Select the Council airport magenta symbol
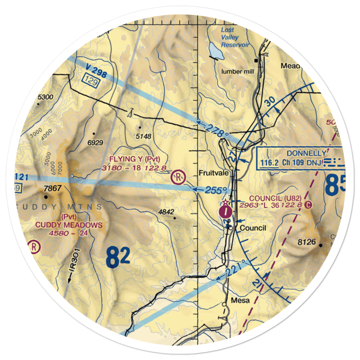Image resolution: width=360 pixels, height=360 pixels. pyautogui.click(x=225, y=211)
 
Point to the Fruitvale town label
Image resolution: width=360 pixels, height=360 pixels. pyautogui.click(x=213, y=173)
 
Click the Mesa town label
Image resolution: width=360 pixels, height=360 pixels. pyautogui.click(x=240, y=301)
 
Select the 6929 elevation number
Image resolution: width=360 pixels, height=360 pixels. pyautogui.click(x=95, y=143)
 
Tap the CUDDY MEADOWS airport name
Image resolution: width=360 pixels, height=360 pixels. pyautogui.click(x=68, y=225)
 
